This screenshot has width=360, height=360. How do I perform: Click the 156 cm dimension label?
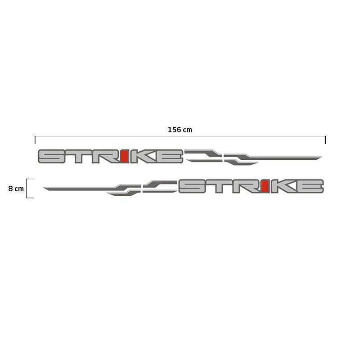click(180, 130)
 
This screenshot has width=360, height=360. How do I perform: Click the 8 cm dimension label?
click(16, 189)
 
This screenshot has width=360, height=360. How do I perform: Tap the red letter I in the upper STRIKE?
click(125, 156)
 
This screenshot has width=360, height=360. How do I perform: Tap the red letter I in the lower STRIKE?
click(265, 186)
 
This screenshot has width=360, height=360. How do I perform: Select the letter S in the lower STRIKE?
click(193, 186)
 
